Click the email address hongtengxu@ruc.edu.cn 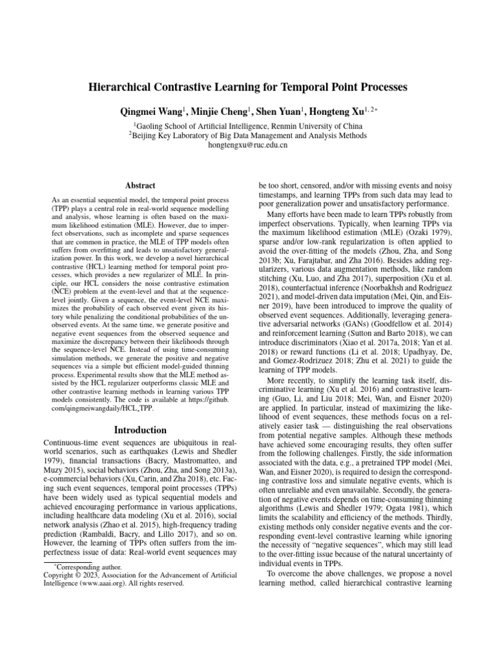coord(248,145)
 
